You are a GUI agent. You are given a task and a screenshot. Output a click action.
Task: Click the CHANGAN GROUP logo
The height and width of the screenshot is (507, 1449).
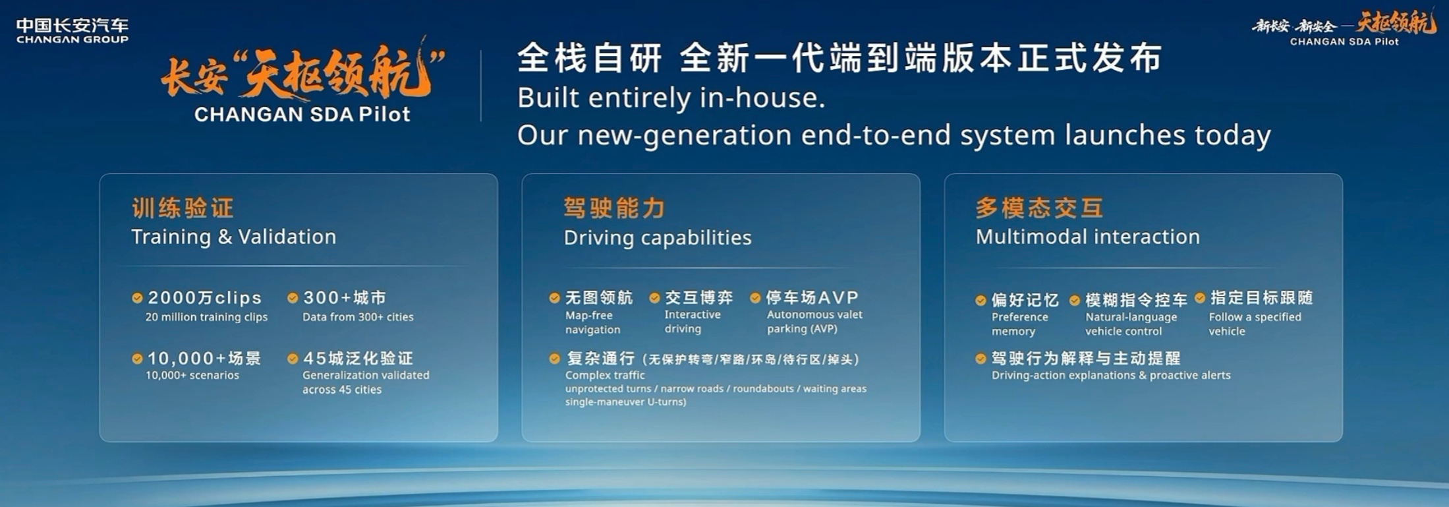coord(72,30)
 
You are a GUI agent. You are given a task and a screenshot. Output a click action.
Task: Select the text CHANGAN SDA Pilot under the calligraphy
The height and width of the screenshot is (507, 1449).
coord(302,115)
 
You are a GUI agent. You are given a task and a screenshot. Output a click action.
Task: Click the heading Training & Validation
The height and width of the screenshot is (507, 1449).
coord(234,237)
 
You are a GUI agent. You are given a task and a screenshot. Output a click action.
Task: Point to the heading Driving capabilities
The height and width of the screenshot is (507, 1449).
coord(658,237)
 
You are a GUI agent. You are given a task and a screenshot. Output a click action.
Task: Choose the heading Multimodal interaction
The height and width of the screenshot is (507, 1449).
coord(1088,237)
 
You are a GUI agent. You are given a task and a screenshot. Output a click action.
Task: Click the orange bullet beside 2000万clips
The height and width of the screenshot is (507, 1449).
coord(137,298)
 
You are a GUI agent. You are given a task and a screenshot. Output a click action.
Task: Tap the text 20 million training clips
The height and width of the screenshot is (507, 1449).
coord(206,317)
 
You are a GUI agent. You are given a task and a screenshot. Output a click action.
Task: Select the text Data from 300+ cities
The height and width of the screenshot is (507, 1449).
coord(358,317)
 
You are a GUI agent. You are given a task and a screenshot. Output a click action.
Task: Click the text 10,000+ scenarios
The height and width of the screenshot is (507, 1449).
coord(192,375)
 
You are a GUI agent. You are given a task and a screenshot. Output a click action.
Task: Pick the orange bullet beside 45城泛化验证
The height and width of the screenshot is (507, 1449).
coord(293,359)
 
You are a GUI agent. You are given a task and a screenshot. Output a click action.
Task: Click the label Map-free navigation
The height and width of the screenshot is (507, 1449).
coord(593,322)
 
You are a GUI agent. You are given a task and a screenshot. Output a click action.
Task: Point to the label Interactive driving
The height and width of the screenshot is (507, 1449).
coord(693,322)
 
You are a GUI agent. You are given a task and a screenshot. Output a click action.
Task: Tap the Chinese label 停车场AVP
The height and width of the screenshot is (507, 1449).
coord(812,298)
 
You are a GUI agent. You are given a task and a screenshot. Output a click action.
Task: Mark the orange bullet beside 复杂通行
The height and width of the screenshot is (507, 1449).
coord(555,359)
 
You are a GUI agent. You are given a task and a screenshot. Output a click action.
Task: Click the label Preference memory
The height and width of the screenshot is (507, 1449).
coord(1020,324)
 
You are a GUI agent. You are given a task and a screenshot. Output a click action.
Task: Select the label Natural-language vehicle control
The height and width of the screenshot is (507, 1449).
coord(1131,324)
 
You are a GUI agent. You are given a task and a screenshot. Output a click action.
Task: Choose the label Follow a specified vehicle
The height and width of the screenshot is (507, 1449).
coord(1255,324)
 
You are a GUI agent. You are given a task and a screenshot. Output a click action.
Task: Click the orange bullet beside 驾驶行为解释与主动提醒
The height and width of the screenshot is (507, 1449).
coord(981,359)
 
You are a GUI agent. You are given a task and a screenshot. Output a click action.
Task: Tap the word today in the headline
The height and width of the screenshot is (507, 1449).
coord(1233,135)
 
